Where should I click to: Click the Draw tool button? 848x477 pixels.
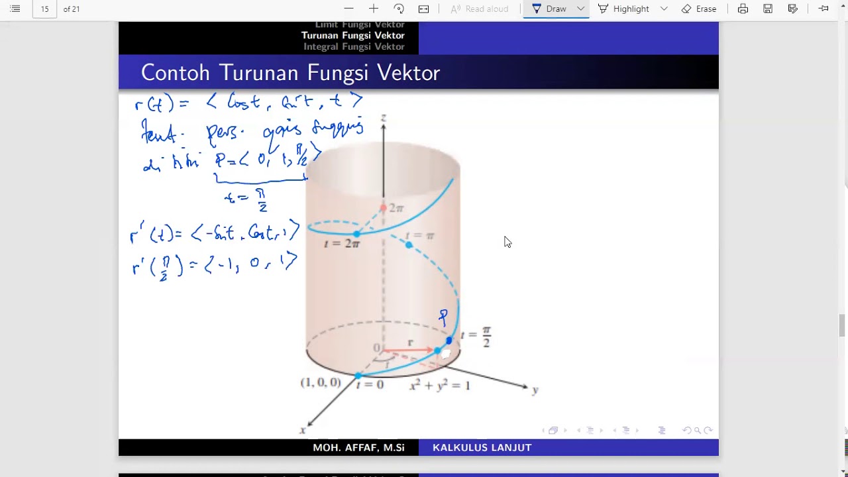[x=549, y=9]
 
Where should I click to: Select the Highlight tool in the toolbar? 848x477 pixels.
[x=623, y=9]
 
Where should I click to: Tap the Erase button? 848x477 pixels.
[x=699, y=9]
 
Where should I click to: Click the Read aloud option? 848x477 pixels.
[x=480, y=9]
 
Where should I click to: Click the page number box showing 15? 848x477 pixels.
[x=44, y=9]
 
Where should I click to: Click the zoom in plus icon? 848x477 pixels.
[x=374, y=9]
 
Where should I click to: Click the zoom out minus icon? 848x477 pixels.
[x=349, y=9]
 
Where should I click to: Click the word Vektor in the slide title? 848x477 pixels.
[x=408, y=73]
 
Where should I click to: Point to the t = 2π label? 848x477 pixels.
[x=342, y=244]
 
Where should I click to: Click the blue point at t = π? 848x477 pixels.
[x=409, y=245]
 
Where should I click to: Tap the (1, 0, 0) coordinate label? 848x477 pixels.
[x=321, y=382]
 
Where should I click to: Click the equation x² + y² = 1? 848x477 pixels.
[x=440, y=385]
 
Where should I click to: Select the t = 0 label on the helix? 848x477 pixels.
[x=370, y=384]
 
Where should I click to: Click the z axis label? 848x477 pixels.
[x=383, y=118]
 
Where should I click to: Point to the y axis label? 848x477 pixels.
[x=535, y=390]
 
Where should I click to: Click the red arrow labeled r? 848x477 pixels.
[x=407, y=350]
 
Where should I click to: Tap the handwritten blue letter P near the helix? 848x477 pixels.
[x=443, y=317]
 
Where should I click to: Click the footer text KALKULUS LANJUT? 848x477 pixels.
[x=482, y=448]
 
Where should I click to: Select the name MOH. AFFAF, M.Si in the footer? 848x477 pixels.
[x=358, y=448]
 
